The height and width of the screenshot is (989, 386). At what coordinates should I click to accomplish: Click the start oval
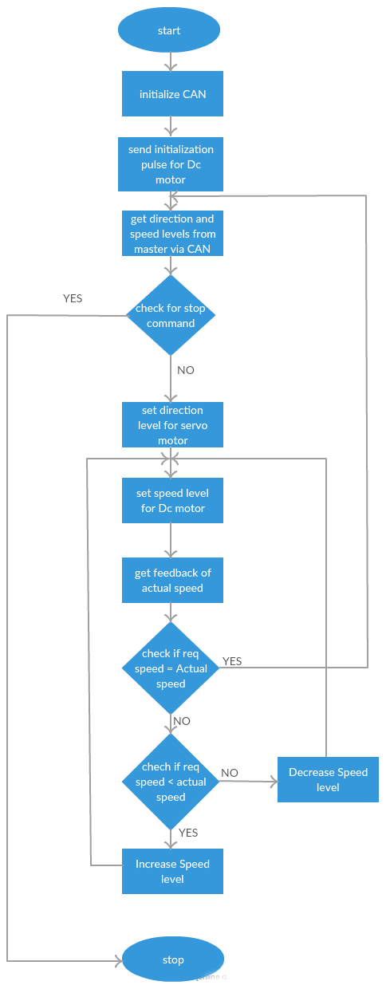(169, 30)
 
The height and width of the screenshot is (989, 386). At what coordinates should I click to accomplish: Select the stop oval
(173, 959)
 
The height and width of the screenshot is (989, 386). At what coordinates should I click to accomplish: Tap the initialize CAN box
(172, 93)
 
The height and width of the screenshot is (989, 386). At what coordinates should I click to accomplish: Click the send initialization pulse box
(171, 164)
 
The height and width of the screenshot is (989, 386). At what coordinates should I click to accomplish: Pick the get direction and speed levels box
(172, 233)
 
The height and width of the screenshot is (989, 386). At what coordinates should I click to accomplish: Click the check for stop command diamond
(171, 315)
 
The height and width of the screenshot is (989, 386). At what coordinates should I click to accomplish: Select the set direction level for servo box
(172, 425)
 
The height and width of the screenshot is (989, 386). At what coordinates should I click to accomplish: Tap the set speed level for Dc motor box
(172, 500)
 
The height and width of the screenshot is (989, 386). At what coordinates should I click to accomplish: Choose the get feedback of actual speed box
(172, 580)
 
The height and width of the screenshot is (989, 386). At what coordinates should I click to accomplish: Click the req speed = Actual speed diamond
(171, 668)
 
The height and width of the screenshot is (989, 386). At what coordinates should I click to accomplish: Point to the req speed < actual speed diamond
(171, 782)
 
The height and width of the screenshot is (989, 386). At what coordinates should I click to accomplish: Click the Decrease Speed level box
(328, 780)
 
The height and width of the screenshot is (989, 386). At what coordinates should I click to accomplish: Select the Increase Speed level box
(172, 871)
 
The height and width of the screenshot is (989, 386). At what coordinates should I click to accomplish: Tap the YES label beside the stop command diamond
(73, 298)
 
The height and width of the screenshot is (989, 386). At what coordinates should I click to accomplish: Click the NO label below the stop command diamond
(186, 370)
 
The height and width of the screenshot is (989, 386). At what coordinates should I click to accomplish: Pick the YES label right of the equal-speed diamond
(232, 661)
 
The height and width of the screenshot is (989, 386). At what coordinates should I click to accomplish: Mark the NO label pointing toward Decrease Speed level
(229, 773)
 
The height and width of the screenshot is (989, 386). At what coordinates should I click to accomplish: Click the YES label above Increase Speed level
(188, 833)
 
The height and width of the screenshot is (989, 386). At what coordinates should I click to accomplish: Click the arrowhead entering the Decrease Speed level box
(274, 782)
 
